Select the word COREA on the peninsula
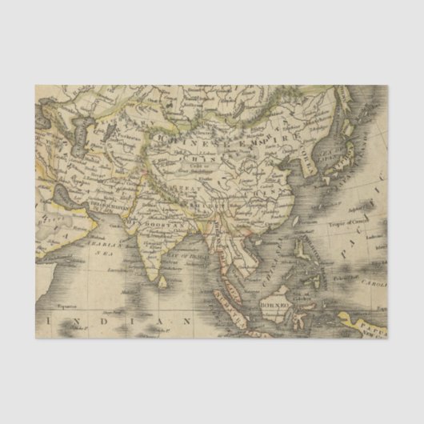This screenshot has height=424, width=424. [306, 164]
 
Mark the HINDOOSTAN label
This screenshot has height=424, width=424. [156, 226]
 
